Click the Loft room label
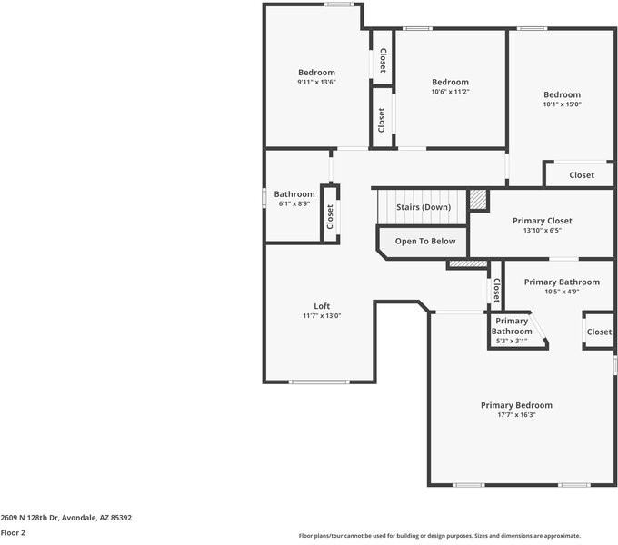pyautogui.click(x=322, y=306)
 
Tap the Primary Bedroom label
pyautogui.click(x=516, y=405)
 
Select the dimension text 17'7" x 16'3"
pyautogui.click(x=516, y=415)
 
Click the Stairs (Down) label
pyautogui.click(x=424, y=207)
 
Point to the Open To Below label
pyautogui.click(x=425, y=242)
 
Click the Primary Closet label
pyautogui.click(x=543, y=221)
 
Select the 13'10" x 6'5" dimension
pyautogui.click(x=543, y=231)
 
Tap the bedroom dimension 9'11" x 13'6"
pyautogui.click(x=316, y=83)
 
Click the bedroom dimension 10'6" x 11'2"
pyautogui.click(x=450, y=92)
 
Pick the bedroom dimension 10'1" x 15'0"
pyautogui.click(x=562, y=104)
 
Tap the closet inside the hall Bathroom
pyautogui.click(x=330, y=214)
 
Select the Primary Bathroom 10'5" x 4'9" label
pyautogui.click(x=562, y=287)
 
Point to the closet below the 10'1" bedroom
pyautogui.click(x=582, y=175)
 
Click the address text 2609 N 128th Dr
pyautogui.click(x=65, y=518)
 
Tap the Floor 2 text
pyautogui.click(x=13, y=533)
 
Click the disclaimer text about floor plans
pyautogui.click(x=439, y=536)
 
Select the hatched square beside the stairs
pyautogui.click(x=478, y=199)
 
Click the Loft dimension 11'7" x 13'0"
pyautogui.click(x=322, y=316)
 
